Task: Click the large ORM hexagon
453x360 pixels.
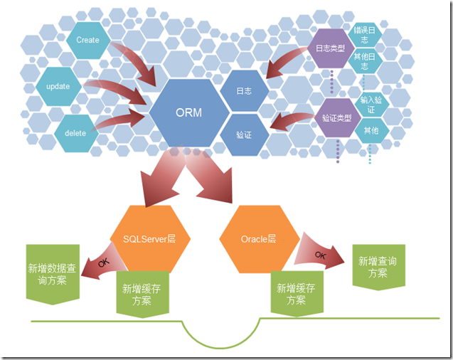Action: [189, 112]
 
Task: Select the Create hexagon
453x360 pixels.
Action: [88, 40]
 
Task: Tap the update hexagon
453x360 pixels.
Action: [58, 86]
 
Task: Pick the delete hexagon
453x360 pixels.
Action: [75, 133]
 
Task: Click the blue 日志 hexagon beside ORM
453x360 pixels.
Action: [245, 91]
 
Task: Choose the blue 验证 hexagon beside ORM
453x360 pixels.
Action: [245, 135]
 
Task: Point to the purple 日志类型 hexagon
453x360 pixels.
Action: [331, 48]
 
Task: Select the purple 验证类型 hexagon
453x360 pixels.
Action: [337, 118]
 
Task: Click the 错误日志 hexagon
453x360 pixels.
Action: [365, 35]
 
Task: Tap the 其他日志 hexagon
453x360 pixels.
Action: [365, 61]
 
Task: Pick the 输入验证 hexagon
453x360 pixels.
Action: [371, 105]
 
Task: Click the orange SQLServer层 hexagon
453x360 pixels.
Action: [150, 239]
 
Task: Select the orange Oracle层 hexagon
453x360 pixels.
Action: [259, 239]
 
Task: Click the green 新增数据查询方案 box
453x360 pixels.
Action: [53, 274]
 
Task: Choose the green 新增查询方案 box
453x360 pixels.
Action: [378, 267]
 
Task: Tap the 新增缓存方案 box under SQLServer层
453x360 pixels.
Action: [142, 294]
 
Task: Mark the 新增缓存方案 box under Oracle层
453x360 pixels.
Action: [297, 294]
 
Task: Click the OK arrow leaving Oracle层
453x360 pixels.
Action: [319, 253]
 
